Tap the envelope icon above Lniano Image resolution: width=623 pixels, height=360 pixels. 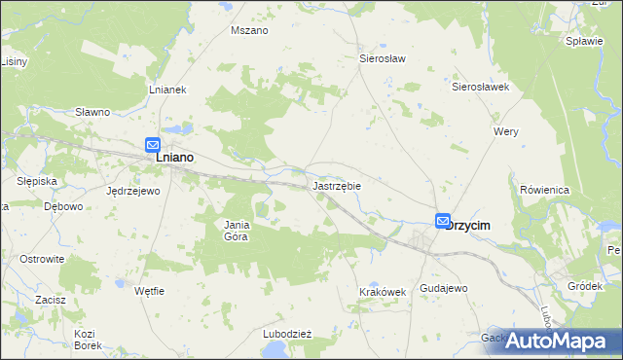click(153, 144)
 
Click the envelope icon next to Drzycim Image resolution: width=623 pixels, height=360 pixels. click(443, 222)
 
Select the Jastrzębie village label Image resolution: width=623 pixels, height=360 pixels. click(337, 184)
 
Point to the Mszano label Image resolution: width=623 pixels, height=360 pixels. click(248, 30)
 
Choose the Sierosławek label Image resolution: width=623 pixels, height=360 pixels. click(481, 87)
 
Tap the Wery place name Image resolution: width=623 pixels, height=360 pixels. click(506, 131)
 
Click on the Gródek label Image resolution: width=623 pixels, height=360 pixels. click(585, 286)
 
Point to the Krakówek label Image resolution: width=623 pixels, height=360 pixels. click(382, 291)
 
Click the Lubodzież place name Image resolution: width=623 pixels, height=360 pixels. click(286, 334)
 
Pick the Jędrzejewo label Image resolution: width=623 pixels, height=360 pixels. click(132, 191)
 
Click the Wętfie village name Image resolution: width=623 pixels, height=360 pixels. click(150, 291)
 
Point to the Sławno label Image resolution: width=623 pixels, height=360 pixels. click(92, 112)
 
